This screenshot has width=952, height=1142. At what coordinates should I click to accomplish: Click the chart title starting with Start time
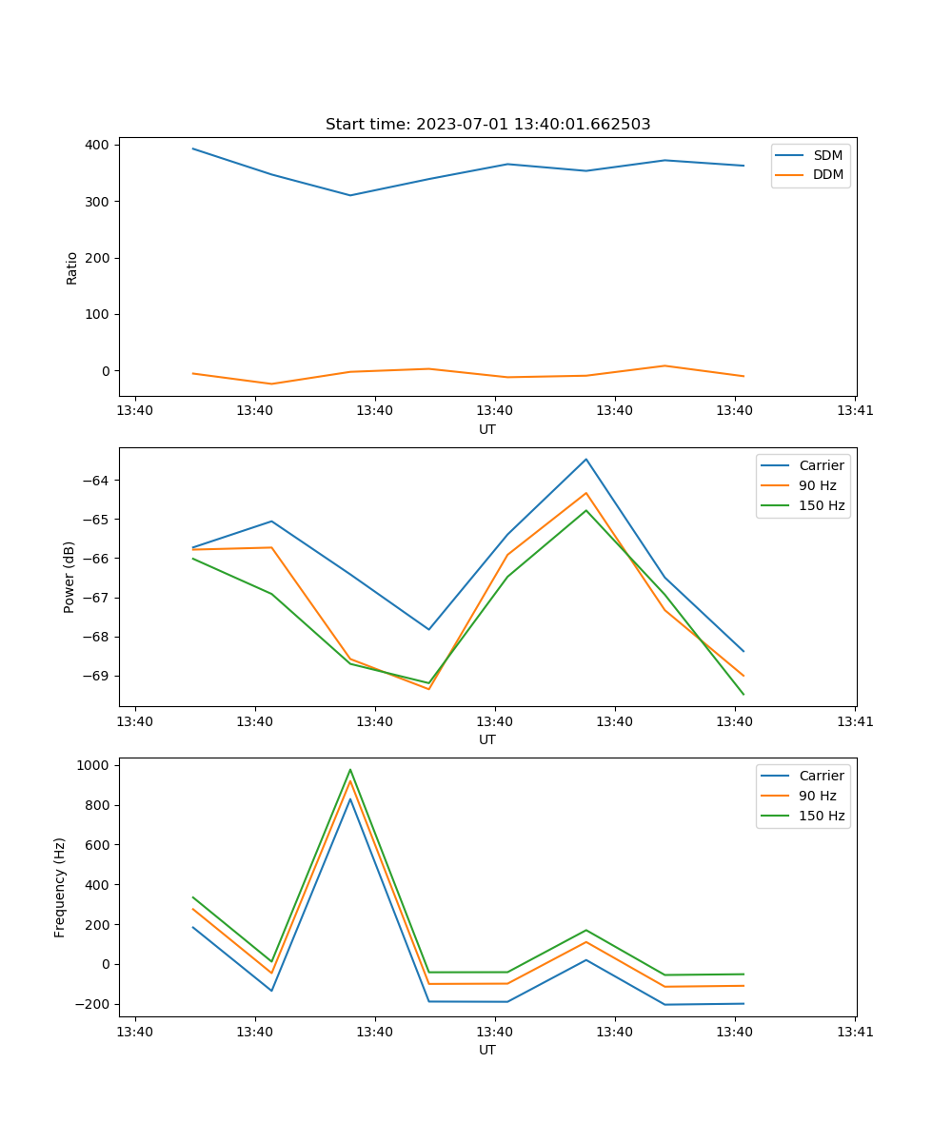487,124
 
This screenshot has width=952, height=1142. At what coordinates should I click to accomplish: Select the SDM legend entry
826,155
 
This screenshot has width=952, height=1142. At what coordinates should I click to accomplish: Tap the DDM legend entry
826,174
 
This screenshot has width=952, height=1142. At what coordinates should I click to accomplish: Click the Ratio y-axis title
72,267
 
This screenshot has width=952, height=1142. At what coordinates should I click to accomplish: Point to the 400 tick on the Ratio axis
100,145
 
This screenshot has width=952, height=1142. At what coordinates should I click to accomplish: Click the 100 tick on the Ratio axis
100,314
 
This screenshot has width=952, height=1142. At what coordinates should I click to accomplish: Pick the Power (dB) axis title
69,577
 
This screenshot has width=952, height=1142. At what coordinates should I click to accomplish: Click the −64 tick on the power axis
96,481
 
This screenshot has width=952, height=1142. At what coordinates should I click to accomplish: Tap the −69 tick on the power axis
96,676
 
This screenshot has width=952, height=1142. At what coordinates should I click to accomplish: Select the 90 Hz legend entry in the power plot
817,485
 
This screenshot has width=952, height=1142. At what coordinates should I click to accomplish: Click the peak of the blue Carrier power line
586,459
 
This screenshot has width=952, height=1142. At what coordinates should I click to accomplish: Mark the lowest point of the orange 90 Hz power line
428,689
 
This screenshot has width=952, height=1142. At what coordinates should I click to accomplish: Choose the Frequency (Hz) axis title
60,887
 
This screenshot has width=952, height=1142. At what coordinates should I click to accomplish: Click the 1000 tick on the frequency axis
94,765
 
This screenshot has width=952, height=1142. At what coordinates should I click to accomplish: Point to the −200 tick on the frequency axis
94,1004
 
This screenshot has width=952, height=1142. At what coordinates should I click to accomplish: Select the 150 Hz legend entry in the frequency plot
821,816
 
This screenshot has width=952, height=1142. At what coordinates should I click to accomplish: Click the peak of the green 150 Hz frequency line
350,769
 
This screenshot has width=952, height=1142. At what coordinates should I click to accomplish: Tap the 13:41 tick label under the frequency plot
855,1031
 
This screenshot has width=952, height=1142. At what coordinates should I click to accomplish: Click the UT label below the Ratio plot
487,429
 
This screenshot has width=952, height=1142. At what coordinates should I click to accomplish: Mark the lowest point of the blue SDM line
350,195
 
